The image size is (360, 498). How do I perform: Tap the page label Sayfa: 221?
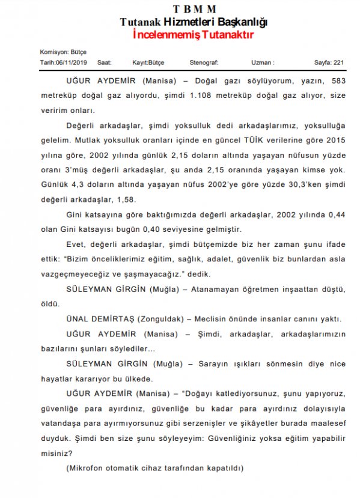click(x=329, y=62)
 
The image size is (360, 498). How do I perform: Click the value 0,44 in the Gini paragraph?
click(x=336, y=214)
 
